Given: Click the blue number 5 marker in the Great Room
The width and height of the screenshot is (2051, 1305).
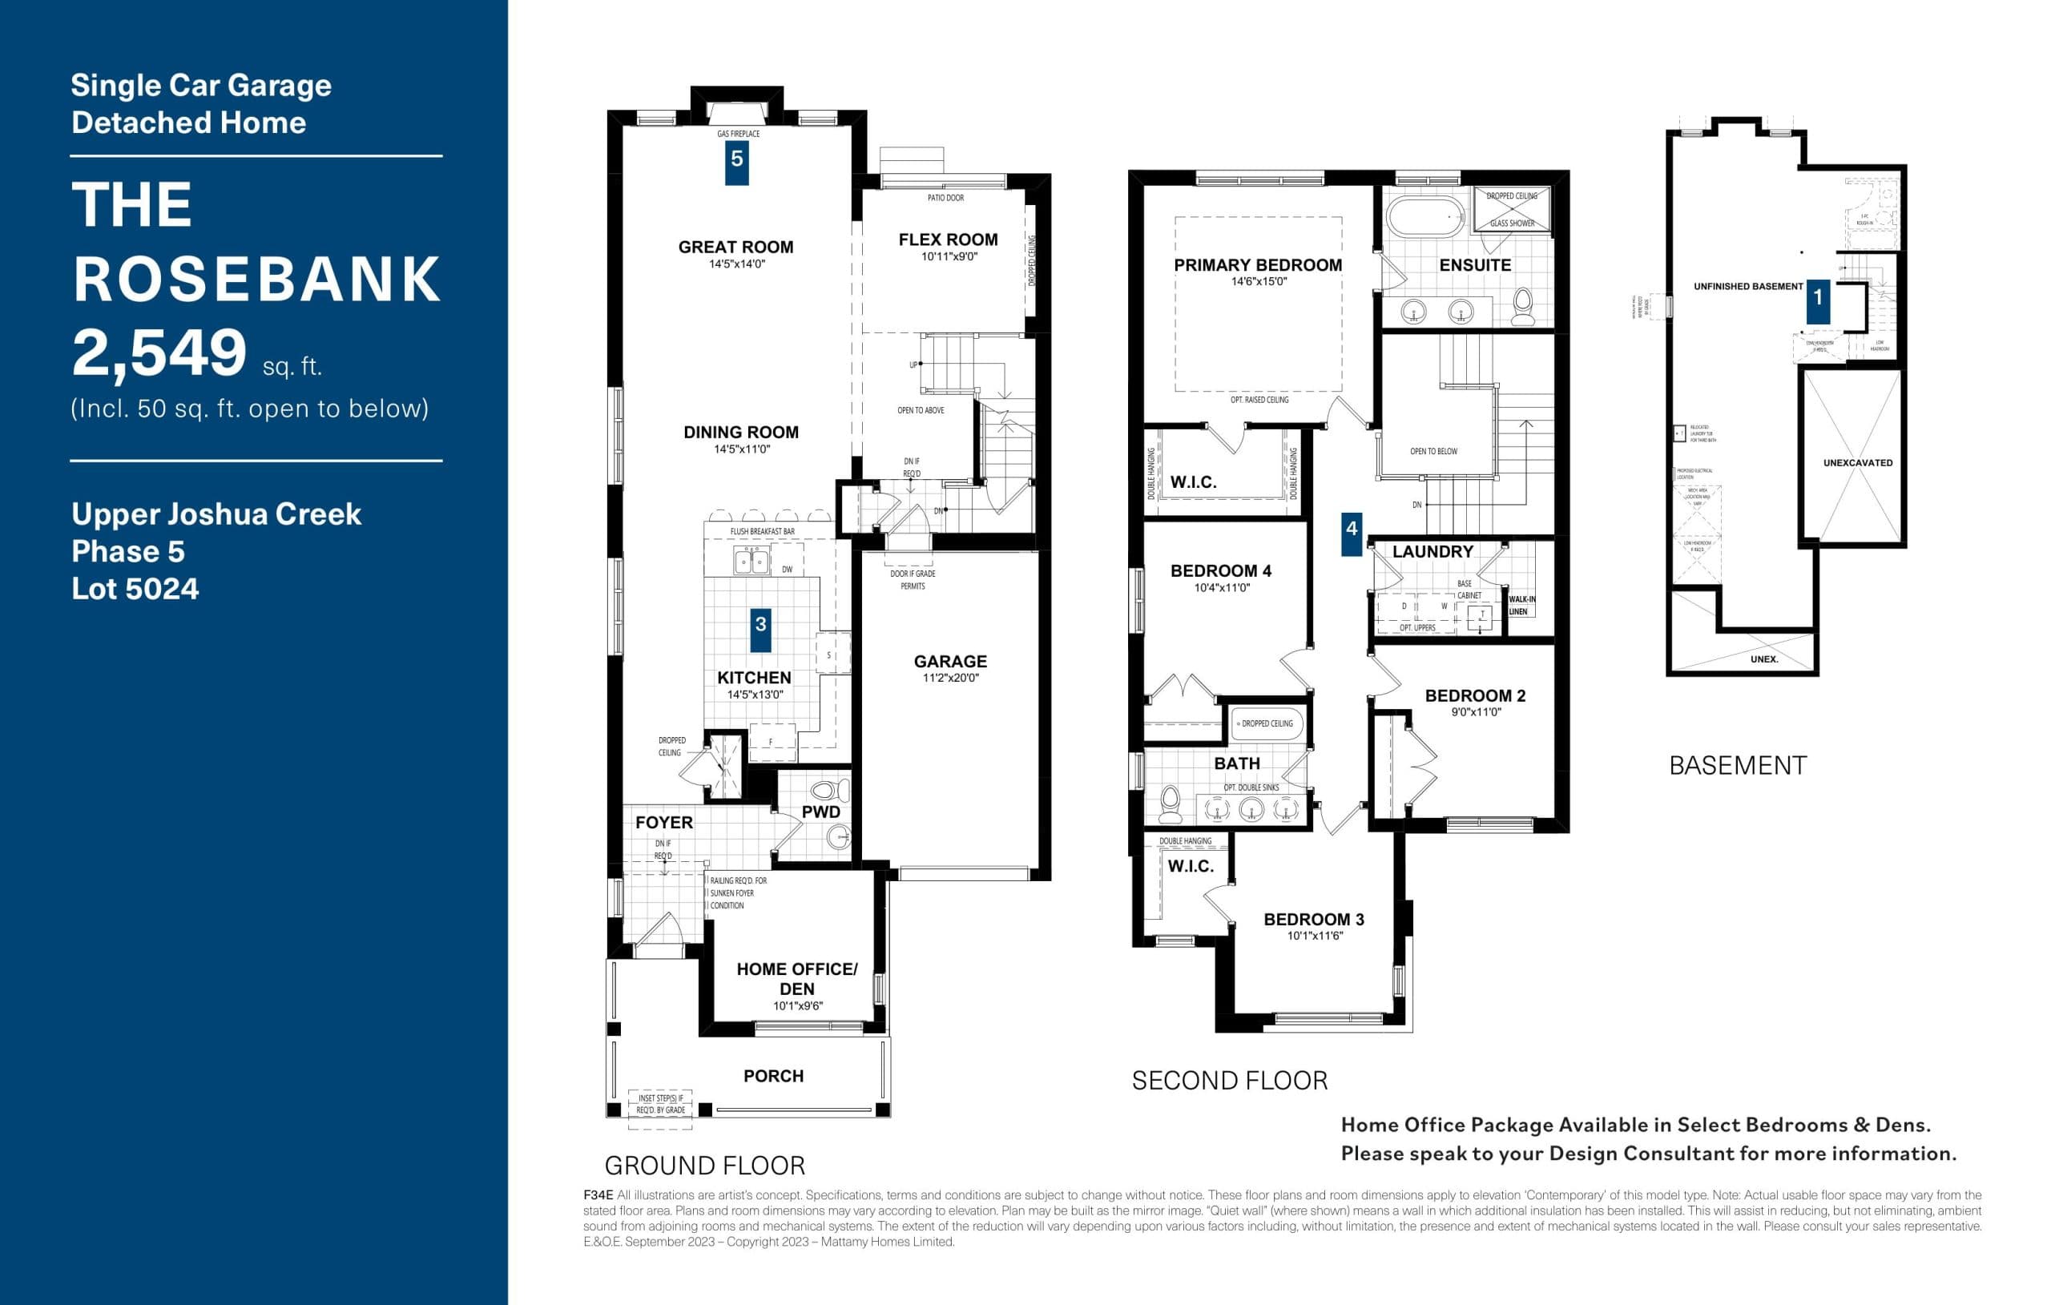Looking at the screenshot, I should [737, 159].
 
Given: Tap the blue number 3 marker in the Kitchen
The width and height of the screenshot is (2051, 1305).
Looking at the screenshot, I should [760, 625].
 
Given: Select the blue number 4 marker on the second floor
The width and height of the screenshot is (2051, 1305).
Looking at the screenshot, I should [1351, 530].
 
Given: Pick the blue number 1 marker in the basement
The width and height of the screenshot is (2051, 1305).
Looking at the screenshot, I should [1818, 297].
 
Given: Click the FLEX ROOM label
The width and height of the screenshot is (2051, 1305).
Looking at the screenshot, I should [948, 240].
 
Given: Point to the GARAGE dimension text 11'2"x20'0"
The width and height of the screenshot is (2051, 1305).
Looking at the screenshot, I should [950, 678].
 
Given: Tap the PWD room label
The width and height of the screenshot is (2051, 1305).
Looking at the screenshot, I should [821, 812].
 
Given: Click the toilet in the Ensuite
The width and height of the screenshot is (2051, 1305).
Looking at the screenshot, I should [1522, 307].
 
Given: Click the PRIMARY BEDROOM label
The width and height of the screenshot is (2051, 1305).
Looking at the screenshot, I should [1257, 265].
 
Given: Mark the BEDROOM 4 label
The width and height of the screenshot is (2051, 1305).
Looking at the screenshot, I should [1220, 570].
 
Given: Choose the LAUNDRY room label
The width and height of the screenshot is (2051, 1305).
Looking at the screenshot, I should [1432, 552].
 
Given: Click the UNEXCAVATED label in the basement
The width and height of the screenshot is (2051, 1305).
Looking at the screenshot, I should [1858, 462].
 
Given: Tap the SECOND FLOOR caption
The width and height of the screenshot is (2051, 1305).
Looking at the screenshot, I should [1229, 1081].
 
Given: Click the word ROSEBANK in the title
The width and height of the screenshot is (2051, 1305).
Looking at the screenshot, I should [256, 279].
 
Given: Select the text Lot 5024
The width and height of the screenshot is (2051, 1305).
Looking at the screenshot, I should [135, 589].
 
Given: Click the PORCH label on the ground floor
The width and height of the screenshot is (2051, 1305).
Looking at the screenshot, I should [773, 1076].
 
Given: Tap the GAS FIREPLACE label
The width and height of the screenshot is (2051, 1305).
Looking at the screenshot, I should [738, 134].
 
